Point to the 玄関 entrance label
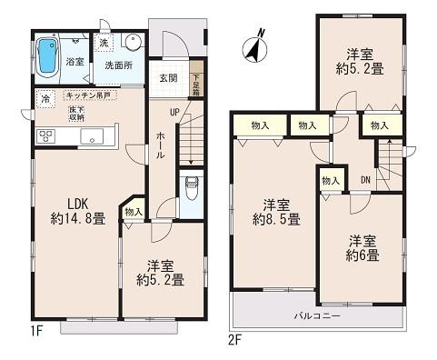pos(168,77)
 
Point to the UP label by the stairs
pos(174,113)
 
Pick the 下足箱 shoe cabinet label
pos(195,86)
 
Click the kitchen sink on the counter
pos(94,136)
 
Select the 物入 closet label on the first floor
pos(133,212)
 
